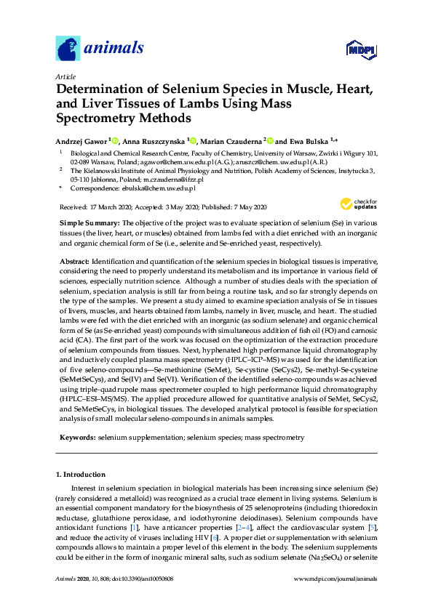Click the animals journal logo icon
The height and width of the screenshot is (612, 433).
[67, 49]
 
